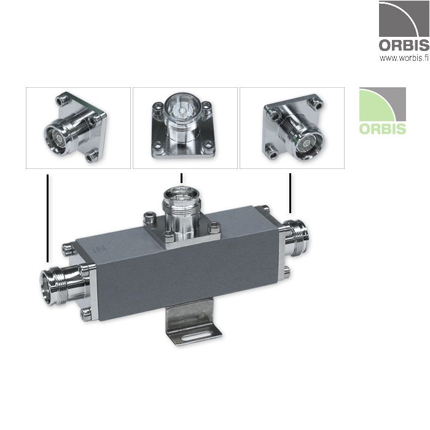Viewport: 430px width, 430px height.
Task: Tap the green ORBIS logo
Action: (382, 111)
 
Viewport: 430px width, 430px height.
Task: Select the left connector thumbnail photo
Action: (78, 128)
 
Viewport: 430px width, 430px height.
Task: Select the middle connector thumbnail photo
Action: (185, 128)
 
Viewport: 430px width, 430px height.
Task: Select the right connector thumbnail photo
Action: (292, 128)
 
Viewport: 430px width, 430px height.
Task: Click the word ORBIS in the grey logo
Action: (403, 45)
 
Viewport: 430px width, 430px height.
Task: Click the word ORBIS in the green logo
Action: (382, 129)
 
